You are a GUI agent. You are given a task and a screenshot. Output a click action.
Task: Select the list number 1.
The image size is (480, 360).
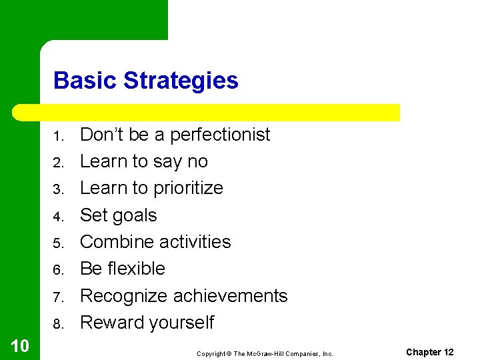click(x=58, y=137)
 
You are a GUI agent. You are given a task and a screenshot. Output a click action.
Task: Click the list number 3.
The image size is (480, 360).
click(x=58, y=190)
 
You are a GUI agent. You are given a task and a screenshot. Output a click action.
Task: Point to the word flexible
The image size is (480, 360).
click(x=136, y=269)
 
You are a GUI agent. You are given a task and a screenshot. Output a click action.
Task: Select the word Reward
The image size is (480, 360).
click(x=111, y=323)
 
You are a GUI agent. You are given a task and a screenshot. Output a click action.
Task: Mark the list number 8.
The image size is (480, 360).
click(x=58, y=325)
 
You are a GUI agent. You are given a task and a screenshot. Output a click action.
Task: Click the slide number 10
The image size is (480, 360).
click(x=19, y=345)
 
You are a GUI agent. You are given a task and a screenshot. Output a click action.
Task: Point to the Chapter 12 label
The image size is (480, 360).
click(x=429, y=352)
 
